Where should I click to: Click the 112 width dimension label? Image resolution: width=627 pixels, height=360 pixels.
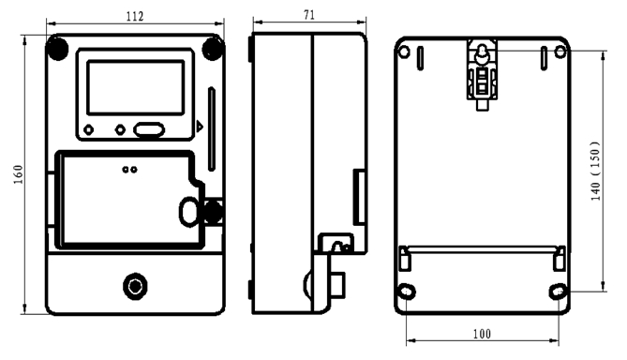pos(135,16)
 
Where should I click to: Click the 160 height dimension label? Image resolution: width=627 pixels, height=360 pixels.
pos(19,174)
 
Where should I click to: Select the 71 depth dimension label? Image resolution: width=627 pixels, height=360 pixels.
pos(309,15)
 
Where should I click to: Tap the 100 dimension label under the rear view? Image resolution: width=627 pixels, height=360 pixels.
pos(482,334)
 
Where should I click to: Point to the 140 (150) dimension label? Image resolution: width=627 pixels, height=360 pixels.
pos(595,171)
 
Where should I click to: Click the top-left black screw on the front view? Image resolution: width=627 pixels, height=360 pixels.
pos(57,49)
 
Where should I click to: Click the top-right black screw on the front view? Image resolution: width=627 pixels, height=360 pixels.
pos(213,49)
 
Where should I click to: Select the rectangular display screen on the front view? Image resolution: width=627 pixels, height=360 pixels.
pos(136,87)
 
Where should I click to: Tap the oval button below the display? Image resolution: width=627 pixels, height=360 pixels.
pos(149,129)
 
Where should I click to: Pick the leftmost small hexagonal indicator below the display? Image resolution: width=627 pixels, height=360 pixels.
pos(88,129)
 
